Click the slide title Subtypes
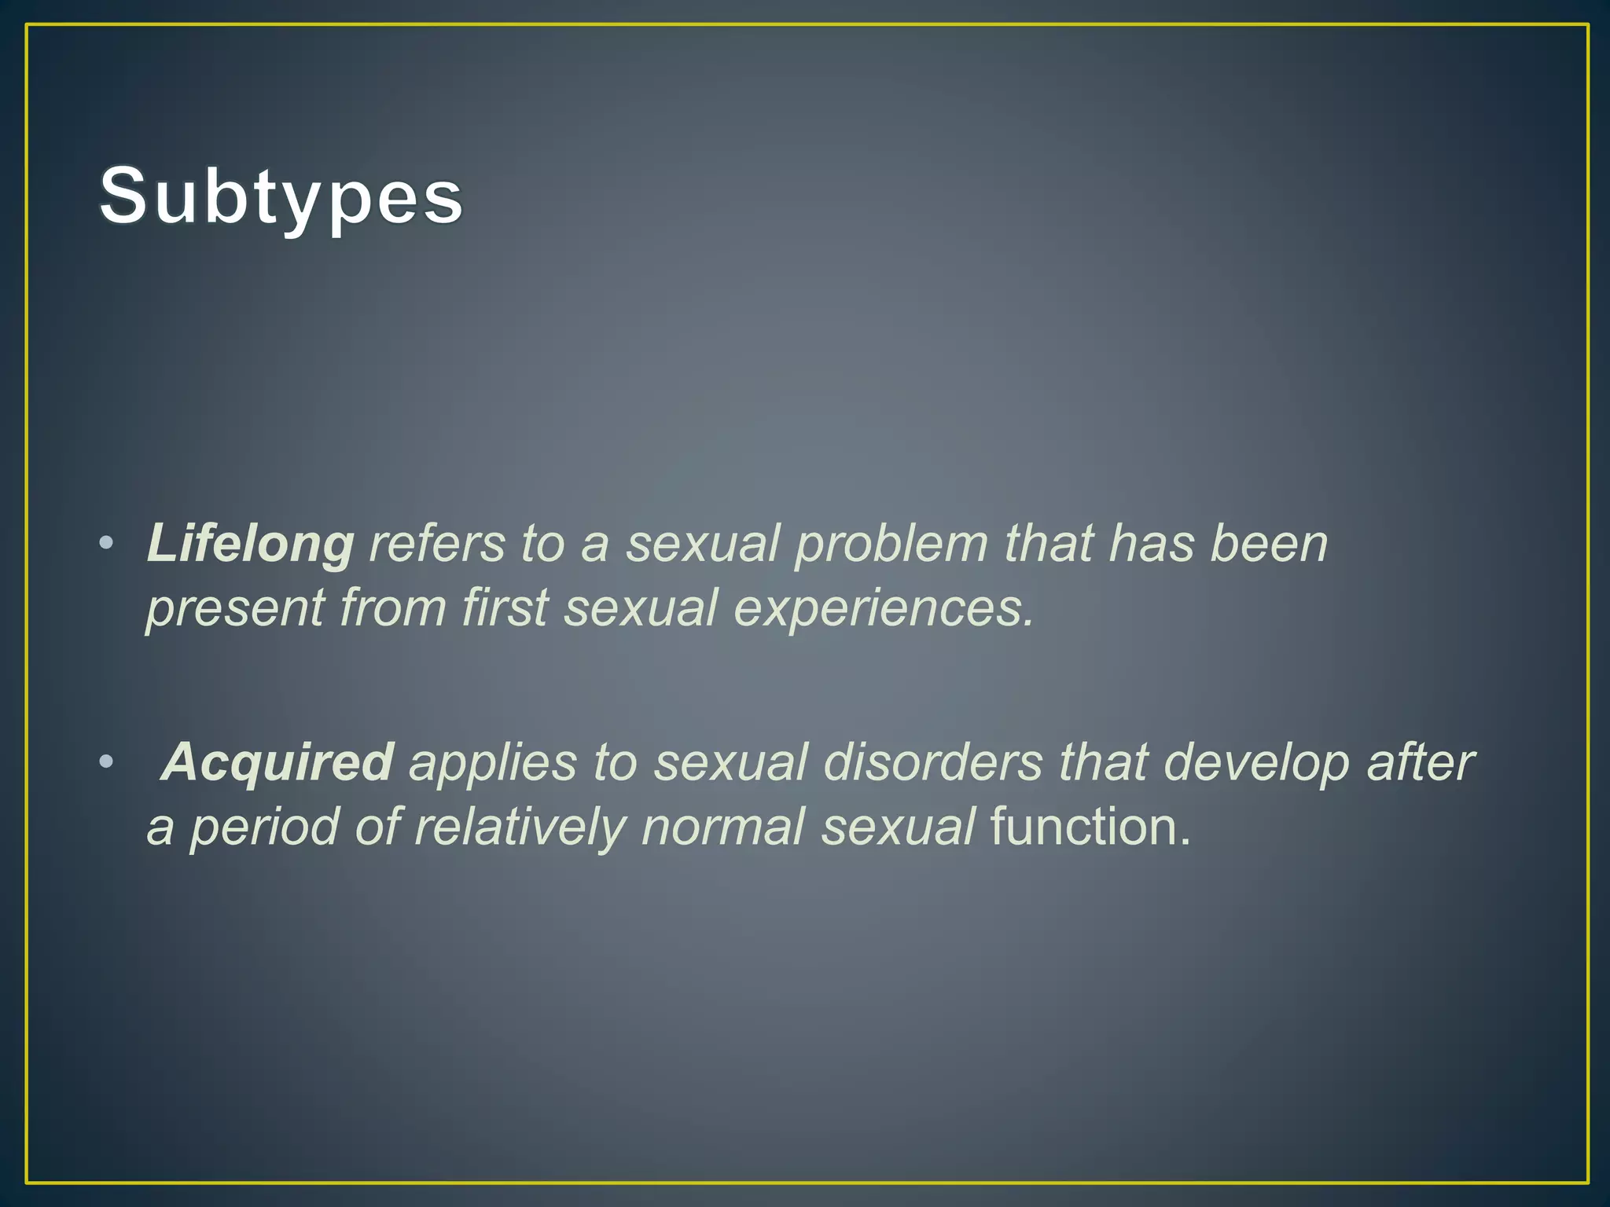pyautogui.click(x=281, y=196)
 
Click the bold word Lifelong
pyautogui.click(x=250, y=544)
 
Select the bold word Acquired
pyautogui.click(x=277, y=761)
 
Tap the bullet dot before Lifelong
pyautogui.click(x=106, y=544)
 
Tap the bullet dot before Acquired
pyautogui.click(x=106, y=761)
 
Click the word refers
pyautogui.click(x=437, y=544)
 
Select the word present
pyautogui.click(x=235, y=608)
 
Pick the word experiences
pyautogui.click(x=882, y=608)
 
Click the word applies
pyautogui.click(x=492, y=761)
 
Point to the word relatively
pyautogui.click(x=519, y=827)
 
